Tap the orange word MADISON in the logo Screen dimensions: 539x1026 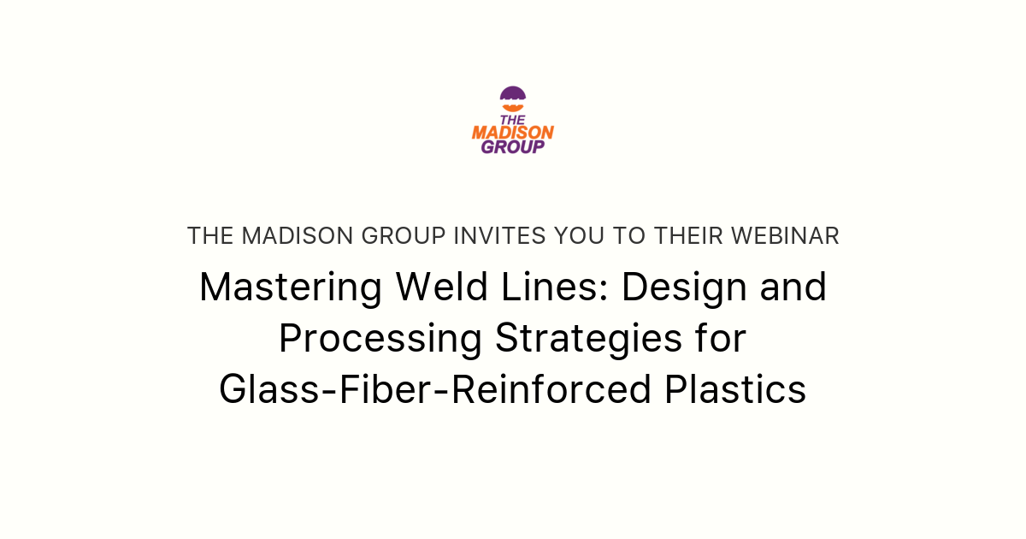(x=513, y=133)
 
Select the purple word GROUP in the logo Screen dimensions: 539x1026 (x=513, y=146)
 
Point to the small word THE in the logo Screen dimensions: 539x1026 (x=513, y=120)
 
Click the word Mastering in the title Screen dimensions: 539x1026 (x=290, y=287)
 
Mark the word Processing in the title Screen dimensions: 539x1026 (x=380, y=339)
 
